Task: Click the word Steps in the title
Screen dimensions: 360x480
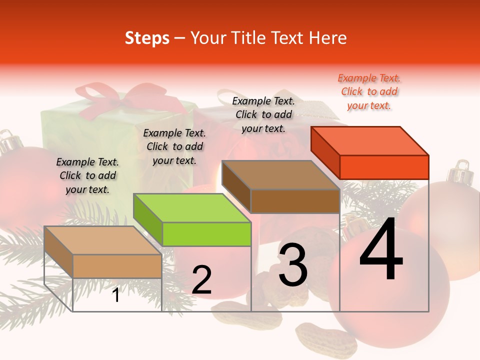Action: tap(147, 38)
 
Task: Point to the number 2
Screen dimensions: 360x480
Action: tap(201, 280)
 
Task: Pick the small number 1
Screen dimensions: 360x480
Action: tap(116, 295)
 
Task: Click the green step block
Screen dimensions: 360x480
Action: tap(192, 220)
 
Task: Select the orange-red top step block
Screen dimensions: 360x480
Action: tap(370, 153)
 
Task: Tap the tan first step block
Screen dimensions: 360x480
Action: tap(103, 253)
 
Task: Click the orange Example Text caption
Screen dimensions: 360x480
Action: tap(369, 91)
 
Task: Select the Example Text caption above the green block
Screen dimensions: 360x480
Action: tap(174, 146)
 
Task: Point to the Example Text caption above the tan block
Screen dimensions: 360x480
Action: tap(87, 175)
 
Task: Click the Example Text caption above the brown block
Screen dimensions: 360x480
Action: tap(263, 114)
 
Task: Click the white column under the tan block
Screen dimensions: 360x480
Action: tap(117, 295)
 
